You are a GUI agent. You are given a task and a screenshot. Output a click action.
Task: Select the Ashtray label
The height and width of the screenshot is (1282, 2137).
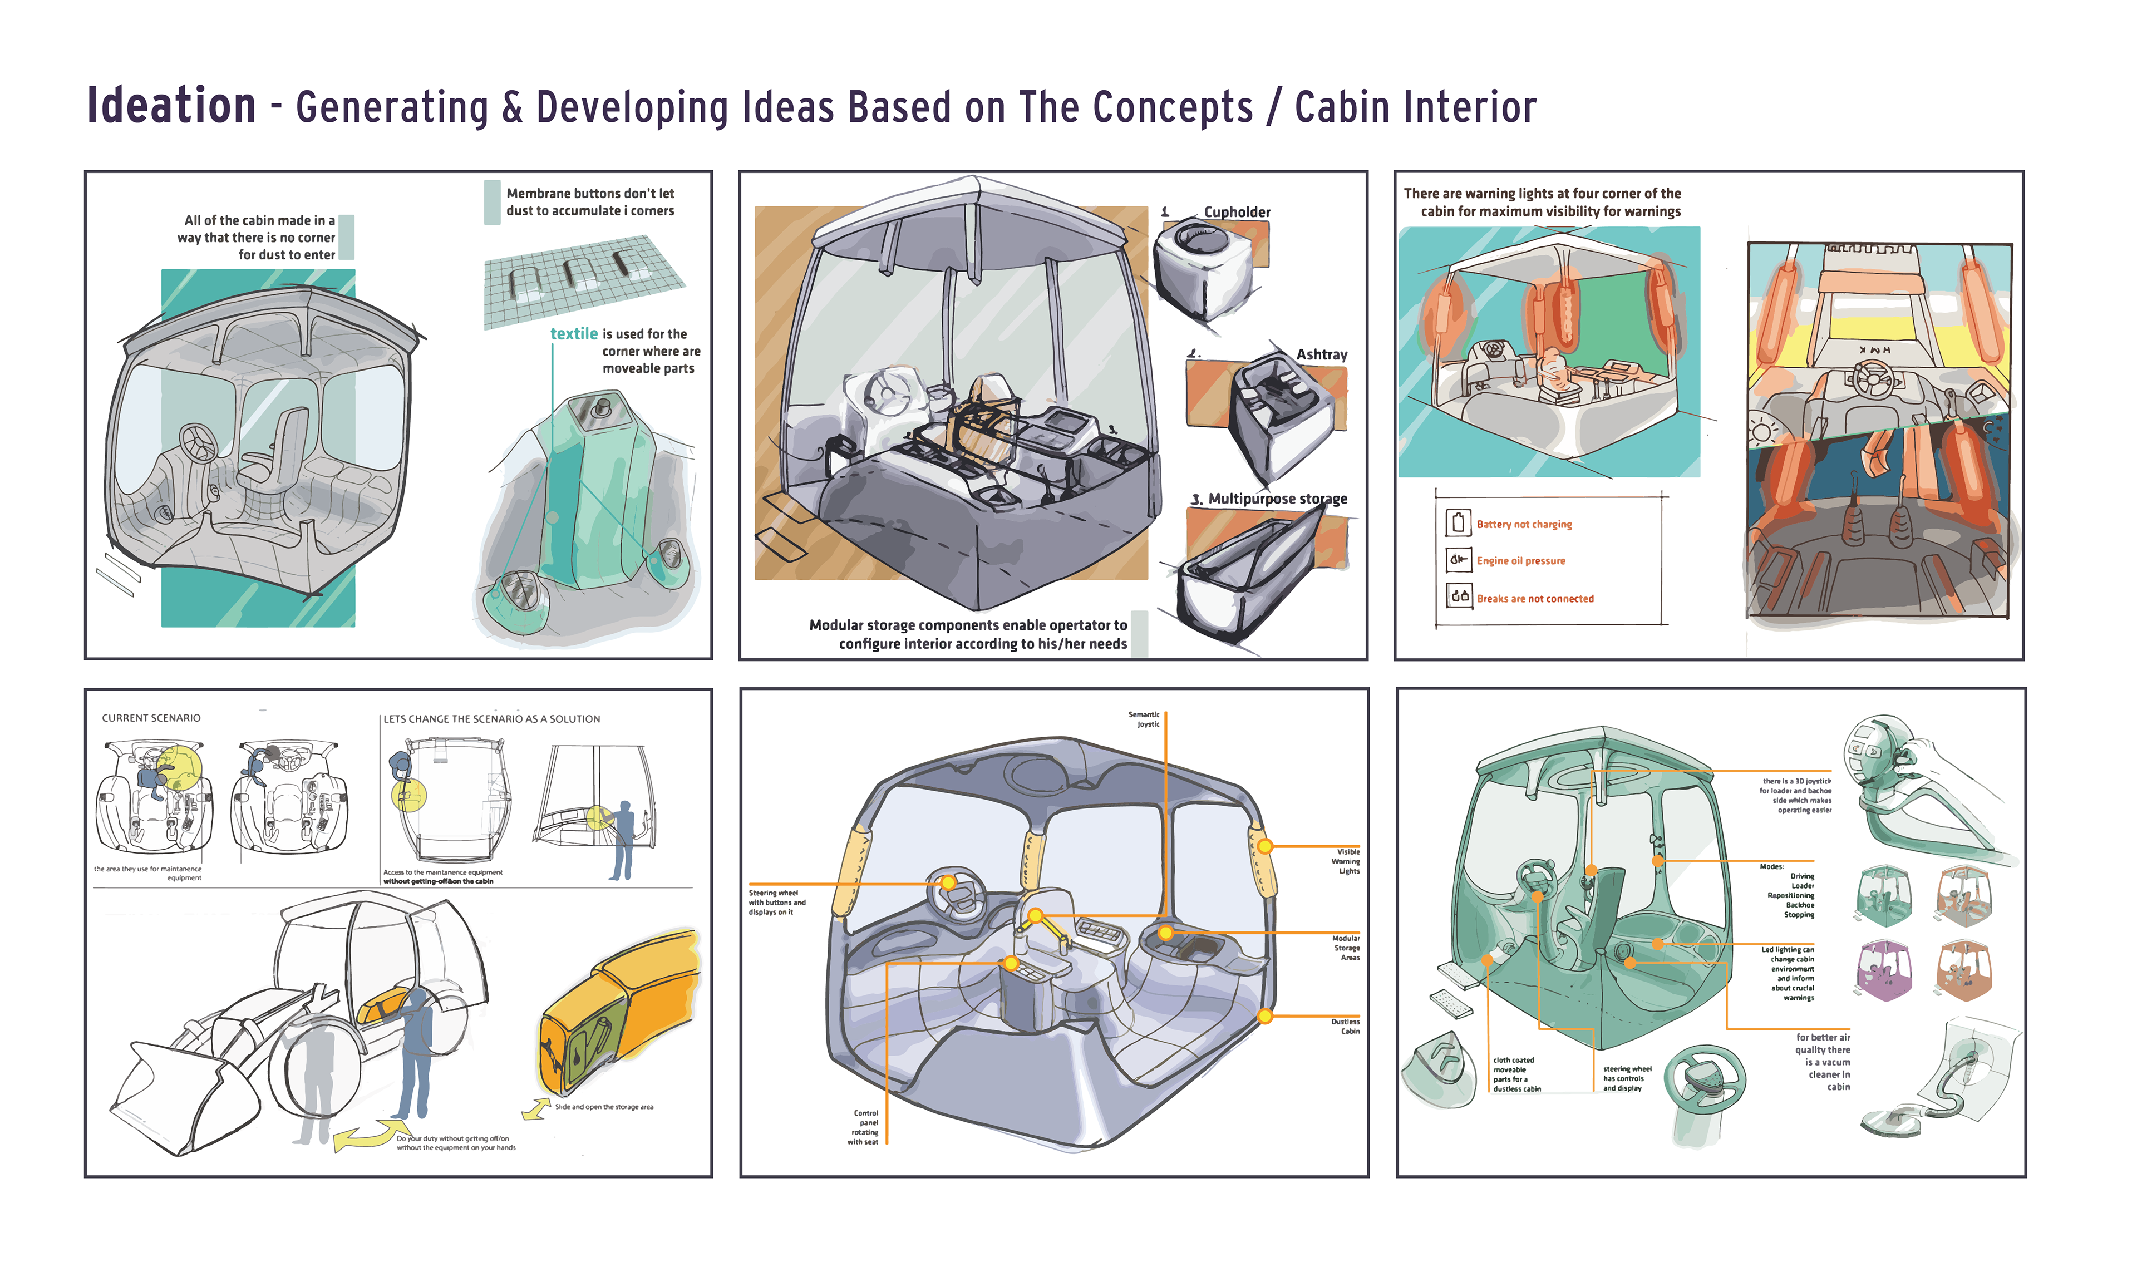pos(1321,354)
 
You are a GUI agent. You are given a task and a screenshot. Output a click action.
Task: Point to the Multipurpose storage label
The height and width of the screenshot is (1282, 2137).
pos(1277,499)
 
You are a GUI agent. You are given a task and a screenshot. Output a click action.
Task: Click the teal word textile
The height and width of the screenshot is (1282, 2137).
pos(574,333)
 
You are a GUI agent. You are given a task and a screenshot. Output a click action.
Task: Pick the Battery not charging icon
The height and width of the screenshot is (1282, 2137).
pos(1458,522)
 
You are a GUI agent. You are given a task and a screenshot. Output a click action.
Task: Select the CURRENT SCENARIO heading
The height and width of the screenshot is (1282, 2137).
pos(151,718)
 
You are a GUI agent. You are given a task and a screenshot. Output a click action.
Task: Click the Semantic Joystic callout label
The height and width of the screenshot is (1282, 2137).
pos(1145,719)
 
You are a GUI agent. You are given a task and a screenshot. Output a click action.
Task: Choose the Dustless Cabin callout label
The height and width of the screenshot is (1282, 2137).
pos(1346,1025)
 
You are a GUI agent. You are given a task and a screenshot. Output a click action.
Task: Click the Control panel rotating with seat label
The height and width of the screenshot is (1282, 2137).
pos(865,1127)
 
